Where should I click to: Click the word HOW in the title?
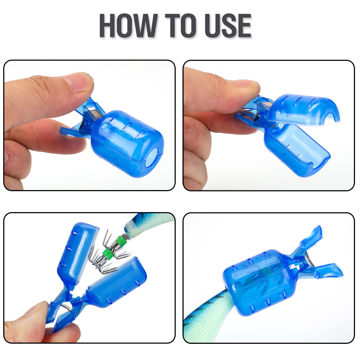click(x=129, y=25)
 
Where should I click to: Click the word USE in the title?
click(x=228, y=25)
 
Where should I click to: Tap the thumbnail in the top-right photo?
click(x=247, y=84)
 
